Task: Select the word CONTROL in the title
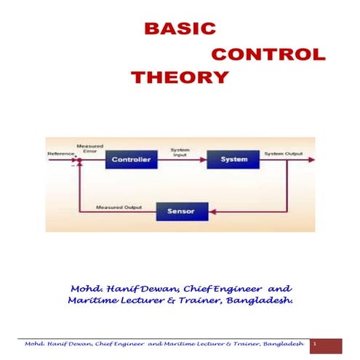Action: [x=268, y=55]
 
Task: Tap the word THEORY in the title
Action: [x=180, y=77]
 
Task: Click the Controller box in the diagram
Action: [x=131, y=159]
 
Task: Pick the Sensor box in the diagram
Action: [x=181, y=212]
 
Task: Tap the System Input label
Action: [x=180, y=152]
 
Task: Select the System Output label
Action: [x=283, y=154]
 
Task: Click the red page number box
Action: [x=325, y=344]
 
